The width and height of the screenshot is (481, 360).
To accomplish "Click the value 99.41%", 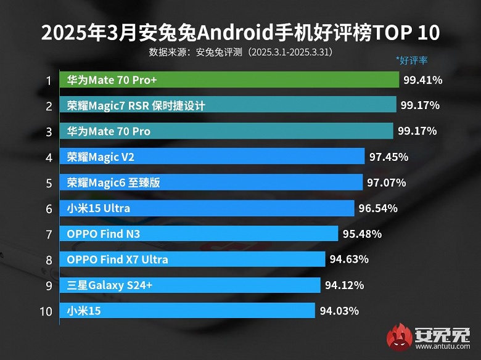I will point(423,80).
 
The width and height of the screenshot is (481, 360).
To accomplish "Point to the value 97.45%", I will point(388,157).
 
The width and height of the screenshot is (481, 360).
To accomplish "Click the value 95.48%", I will point(362,234).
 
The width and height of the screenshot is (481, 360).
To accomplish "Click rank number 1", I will point(47,80).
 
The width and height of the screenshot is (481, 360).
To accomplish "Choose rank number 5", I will point(47,183).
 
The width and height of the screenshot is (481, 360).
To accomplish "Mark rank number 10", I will point(46,311).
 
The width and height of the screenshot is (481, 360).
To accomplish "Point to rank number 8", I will point(47,260).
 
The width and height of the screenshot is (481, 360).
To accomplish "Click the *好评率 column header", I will point(412,60).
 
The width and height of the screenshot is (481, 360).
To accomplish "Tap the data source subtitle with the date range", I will point(240,52).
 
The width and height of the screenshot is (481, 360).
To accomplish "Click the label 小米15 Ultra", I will point(99,208).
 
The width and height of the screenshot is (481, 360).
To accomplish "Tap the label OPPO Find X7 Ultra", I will point(117,260).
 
